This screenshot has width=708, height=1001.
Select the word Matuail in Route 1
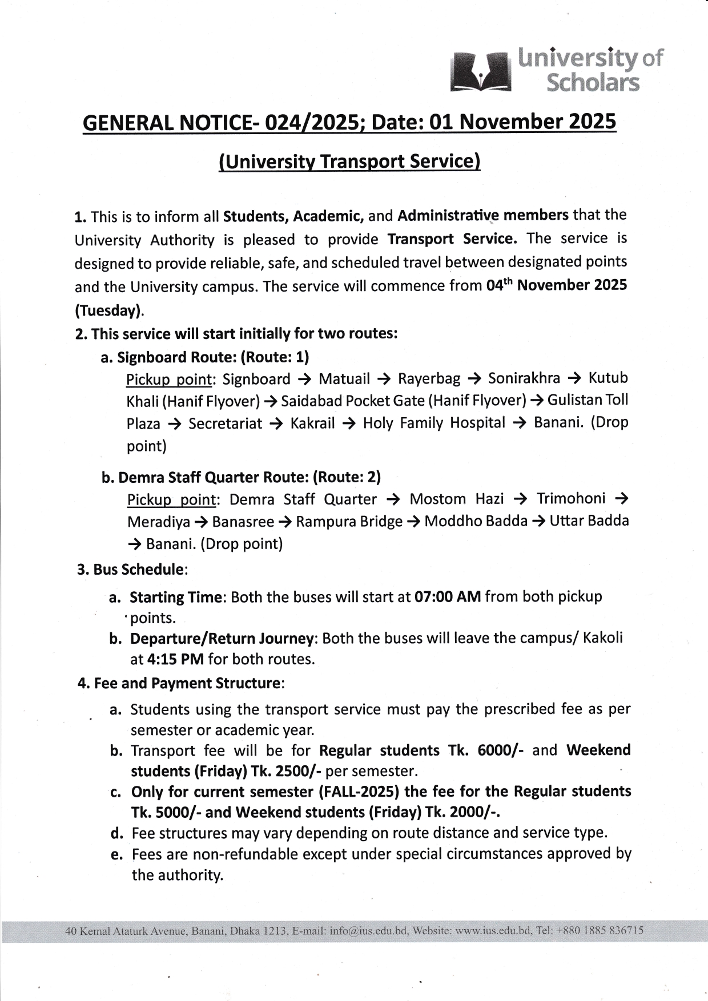pyautogui.click(x=344, y=379)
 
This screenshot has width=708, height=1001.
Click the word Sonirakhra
pyautogui.click(x=524, y=379)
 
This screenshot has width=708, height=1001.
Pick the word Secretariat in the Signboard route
pyautogui.click(x=225, y=423)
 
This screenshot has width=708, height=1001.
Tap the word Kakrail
pyautogui.click(x=312, y=423)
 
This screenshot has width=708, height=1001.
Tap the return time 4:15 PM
pyautogui.click(x=175, y=660)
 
